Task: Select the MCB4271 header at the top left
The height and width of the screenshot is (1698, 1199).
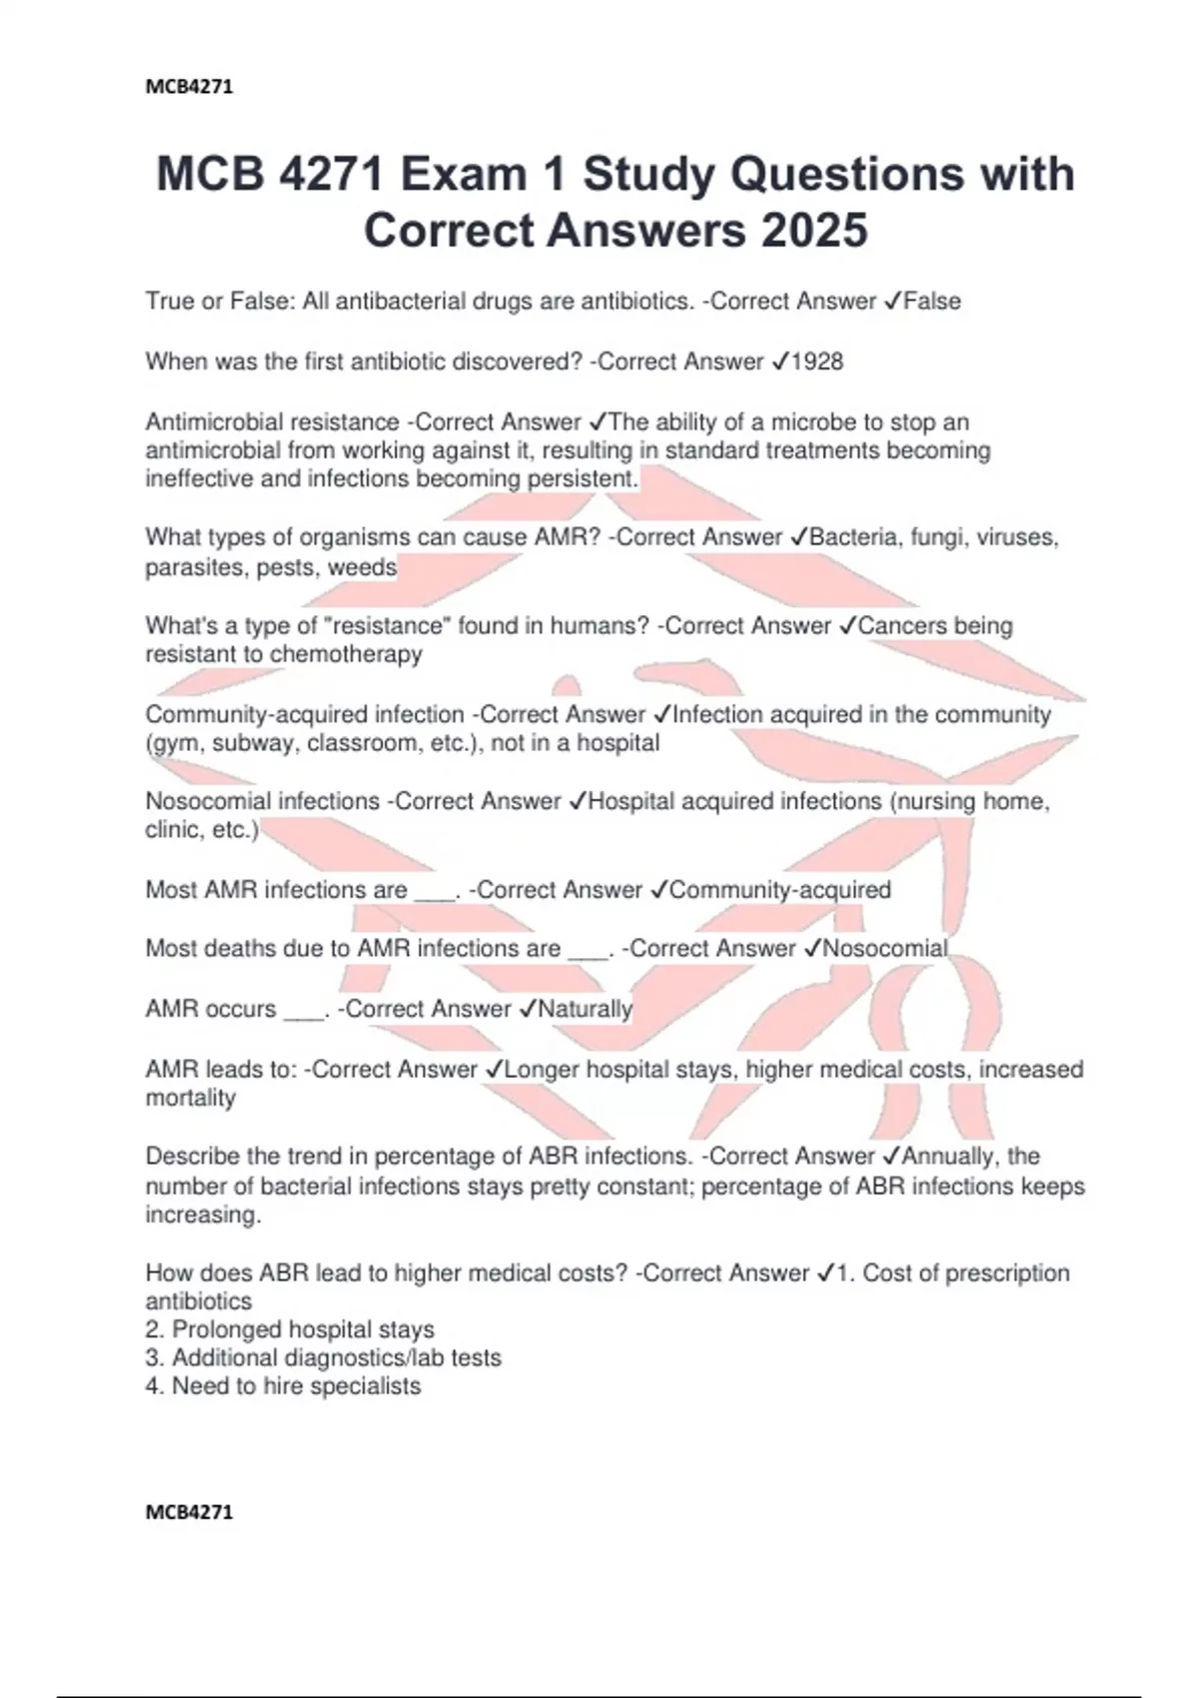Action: coord(189,87)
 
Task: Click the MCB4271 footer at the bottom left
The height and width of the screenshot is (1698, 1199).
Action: coord(189,1512)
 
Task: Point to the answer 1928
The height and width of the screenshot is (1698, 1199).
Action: coord(817,362)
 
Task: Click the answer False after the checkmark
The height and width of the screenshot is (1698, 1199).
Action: coord(932,301)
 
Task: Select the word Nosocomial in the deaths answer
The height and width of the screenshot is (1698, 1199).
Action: coord(884,948)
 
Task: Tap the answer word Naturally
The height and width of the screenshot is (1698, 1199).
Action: coord(585,1009)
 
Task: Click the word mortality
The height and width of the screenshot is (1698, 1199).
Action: coord(191,1098)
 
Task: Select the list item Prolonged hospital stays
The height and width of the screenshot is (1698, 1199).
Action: coord(303,1329)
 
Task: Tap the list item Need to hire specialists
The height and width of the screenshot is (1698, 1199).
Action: coord(296,1386)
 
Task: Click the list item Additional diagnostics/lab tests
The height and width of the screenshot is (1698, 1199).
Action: coord(336,1357)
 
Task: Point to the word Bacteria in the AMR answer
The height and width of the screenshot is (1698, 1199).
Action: coord(853,537)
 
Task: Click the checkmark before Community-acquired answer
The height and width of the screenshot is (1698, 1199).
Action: coord(658,890)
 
